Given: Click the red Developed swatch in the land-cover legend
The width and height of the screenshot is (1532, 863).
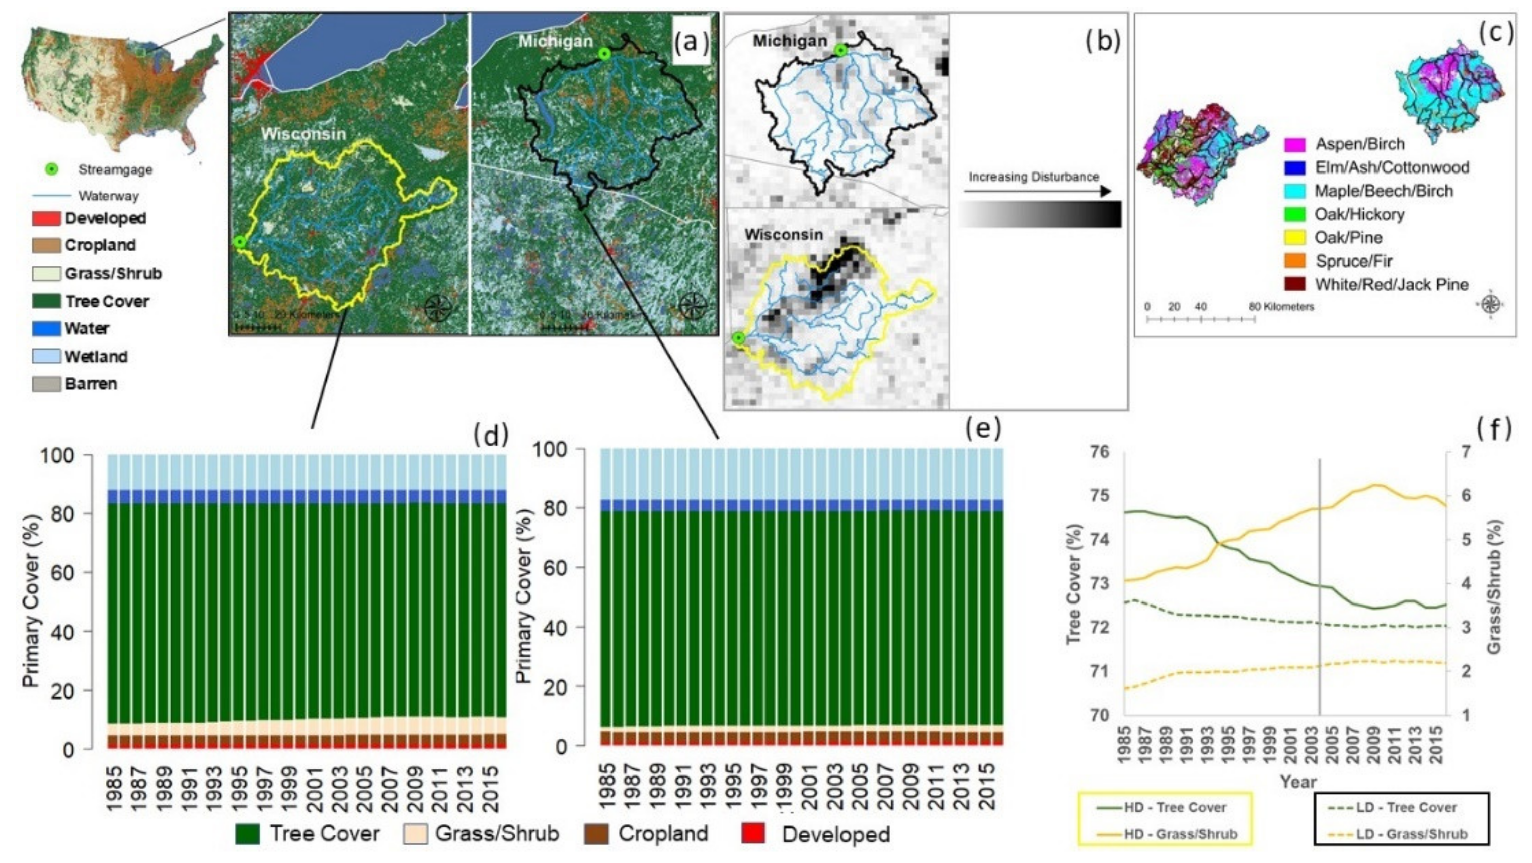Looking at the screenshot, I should pyautogui.click(x=46, y=218).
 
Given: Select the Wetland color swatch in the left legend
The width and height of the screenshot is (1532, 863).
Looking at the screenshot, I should pyautogui.click(x=46, y=356).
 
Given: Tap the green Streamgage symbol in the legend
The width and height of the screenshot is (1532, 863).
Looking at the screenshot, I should pyautogui.click(x=52, y=169).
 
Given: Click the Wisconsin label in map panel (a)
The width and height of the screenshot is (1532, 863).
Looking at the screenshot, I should pyautogui.click(x=303, y=134).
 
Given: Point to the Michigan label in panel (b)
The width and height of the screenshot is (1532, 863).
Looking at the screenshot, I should pyautogui.click(x=790, y=41).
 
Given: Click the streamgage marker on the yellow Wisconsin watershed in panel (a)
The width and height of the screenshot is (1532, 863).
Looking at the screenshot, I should pyautogui.click(x=240, y=242).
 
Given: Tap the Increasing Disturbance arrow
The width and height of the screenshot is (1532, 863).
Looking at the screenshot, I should pyautogui.click(x=1037, y=191).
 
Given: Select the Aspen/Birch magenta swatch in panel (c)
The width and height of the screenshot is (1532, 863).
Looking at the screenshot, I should pyautogui.click(x=1295, y=144).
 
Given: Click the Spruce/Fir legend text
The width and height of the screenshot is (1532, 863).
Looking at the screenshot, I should pyautogui.click(x=1353, y=261).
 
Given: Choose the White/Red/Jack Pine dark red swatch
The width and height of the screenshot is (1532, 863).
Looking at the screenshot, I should pyautogui.click(x=1295, y=284).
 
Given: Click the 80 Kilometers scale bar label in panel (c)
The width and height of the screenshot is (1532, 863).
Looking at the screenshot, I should pyautogui.click(x=1281, y=307).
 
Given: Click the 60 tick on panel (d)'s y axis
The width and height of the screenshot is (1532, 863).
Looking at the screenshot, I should pyautogui.click(x=62, y=572).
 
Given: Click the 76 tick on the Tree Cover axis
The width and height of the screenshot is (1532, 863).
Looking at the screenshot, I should pyautogui.click(x=1100, y=452).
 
